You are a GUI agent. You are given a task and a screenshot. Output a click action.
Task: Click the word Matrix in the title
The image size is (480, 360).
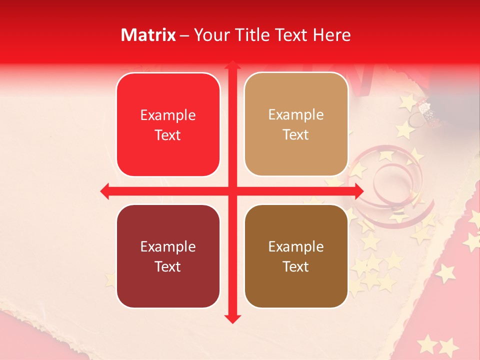coord(148,35)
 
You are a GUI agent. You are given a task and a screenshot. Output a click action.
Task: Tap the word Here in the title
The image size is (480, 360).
coord(331,35)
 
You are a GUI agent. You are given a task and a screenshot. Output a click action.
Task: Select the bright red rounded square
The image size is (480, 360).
coord(168,124)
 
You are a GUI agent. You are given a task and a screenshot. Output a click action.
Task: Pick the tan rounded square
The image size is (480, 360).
coord(296,124)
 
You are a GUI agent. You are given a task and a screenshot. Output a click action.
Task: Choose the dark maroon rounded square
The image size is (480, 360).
coord(168,256)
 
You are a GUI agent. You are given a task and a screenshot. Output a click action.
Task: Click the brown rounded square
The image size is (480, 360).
coord(296,256)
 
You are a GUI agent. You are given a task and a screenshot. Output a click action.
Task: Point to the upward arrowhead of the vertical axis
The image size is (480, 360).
coord(232,65)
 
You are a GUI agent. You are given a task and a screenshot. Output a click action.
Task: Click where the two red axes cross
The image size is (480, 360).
coord(232,191)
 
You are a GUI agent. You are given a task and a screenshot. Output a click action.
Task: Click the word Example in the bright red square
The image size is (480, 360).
coord(168,115)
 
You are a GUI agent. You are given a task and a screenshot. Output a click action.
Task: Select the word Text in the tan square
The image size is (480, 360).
coord(296,135)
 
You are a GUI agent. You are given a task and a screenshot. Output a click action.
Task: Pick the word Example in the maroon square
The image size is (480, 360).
coord(168,247)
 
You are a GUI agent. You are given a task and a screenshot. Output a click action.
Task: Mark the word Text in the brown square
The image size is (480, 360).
coord(296,266)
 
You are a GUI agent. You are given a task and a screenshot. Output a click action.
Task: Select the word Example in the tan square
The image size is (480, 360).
coord(296,115)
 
